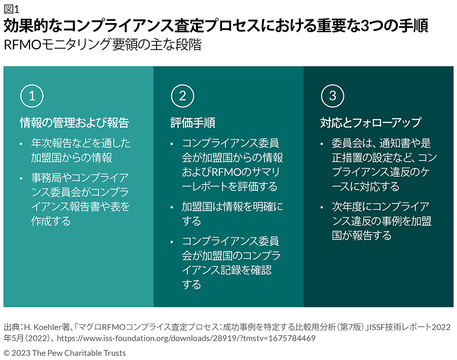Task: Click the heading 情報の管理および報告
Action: coord(75,123)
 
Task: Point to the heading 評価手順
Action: coord(193,123)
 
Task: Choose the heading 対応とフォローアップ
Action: coord(371,123)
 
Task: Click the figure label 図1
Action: coord(12,9)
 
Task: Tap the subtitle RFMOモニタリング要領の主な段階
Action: coord(102,45)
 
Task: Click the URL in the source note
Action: coord(186,338)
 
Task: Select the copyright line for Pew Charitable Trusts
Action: coord(65,353)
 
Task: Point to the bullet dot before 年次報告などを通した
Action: coord(21,144)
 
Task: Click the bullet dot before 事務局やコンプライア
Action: coord(21,179)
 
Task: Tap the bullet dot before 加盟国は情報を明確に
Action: coord(172,208)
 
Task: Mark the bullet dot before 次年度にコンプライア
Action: coord(322,208)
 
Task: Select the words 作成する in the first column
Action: coord(51,221)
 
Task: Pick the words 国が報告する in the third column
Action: coord(361,235)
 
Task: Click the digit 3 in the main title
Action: coord(365,26)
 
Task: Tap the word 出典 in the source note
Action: coord(12,327)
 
